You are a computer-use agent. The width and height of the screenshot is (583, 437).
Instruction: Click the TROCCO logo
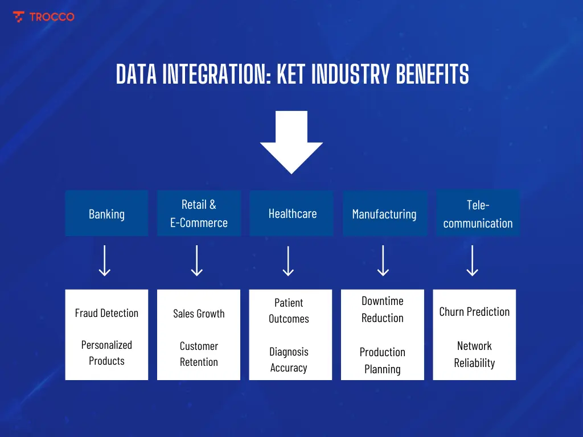tap(43, 17)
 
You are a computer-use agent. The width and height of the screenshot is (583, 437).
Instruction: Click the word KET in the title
tap(295, 75)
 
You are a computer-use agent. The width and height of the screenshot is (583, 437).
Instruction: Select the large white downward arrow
tap(291, 142)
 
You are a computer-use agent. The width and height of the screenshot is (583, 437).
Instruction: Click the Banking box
tap(106, 214)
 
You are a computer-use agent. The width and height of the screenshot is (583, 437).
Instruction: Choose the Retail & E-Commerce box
tap(199, 213)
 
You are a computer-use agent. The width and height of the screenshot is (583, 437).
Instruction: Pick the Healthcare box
tap(292, 213)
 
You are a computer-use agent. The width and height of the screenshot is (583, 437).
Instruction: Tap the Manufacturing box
tap(384, 214)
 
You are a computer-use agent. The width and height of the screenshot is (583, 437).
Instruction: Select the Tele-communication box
tap(478, 214)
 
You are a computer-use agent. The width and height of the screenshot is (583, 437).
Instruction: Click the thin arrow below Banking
tap(105, 261)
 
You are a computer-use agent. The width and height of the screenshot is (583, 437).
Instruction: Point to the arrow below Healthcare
tap(289, 261)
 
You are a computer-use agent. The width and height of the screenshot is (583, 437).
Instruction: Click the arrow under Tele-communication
tap(473, 261)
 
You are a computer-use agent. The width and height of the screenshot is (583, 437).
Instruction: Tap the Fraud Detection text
tap(106, 313)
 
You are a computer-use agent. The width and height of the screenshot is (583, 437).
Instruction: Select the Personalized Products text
tap(106, 353)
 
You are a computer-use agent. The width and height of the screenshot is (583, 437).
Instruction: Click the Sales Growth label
tap(199, 314)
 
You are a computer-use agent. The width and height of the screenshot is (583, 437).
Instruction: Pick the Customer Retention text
tap(199, 354)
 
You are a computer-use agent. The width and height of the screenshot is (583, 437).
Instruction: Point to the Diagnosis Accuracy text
tap(289, 360)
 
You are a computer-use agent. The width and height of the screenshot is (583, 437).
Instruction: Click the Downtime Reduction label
tap(383, 310)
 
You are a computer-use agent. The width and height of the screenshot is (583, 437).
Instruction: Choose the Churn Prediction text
tap(474, 312)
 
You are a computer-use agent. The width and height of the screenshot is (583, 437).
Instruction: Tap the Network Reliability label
tap(474, 354)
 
